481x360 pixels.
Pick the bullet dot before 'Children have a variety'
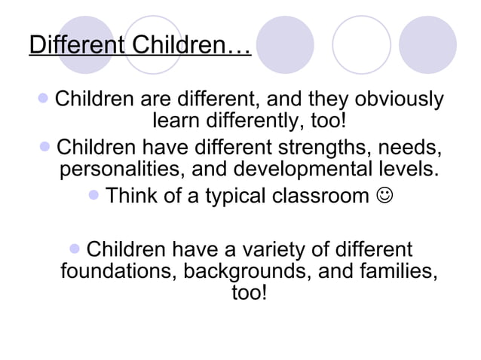(x=74, y=248)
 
